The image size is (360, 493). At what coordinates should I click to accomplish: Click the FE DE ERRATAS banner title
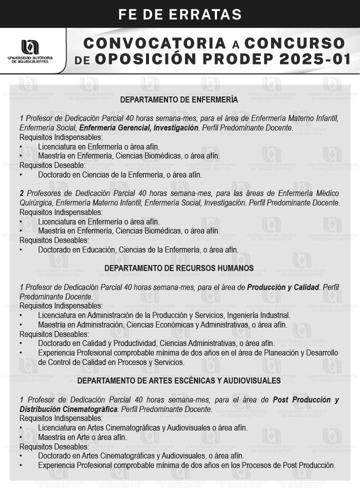tap(180, 13)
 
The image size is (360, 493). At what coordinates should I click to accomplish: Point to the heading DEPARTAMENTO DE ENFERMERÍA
tap(179, 100)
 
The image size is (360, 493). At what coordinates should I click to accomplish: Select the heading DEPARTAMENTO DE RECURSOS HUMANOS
tap(179, 268)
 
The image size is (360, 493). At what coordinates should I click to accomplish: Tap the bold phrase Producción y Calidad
tap(282, 287)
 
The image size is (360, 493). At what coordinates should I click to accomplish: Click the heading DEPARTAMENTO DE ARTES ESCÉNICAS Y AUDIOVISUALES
tap(179, 381)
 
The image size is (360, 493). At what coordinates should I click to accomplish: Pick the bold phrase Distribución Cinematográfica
tap(68, 409)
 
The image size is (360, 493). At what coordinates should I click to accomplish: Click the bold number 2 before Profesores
tap(22, 193)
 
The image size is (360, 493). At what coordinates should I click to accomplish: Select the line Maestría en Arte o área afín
tap(82, 437)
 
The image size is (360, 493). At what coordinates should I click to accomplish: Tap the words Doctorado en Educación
tap(75, 249)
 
